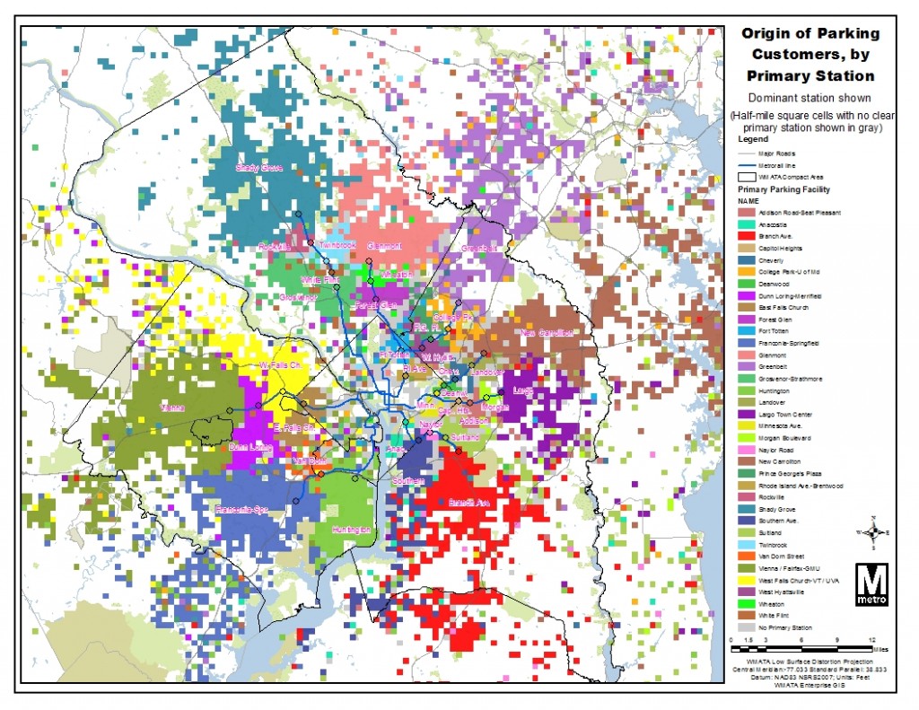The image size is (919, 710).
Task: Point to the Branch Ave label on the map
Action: point(466,503)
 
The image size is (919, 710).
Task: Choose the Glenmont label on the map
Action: point(384,246)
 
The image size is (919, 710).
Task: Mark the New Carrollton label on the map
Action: point(547,334)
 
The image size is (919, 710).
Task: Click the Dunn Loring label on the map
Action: point(250,446)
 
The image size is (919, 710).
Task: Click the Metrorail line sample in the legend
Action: point(747,165)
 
